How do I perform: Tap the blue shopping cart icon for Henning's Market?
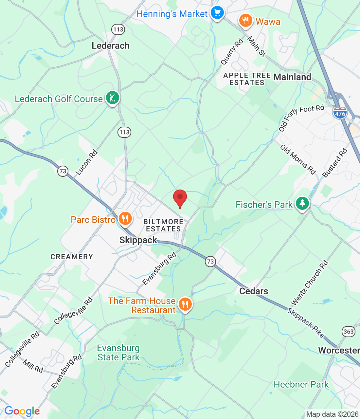point(217,13)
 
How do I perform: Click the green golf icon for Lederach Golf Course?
point(113,98)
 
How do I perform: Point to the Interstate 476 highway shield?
point(340,113)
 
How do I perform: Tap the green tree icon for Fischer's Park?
point(302,204)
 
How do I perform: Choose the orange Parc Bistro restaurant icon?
point(125,218)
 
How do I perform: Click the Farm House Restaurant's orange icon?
point(185,304)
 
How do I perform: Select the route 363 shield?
point(348,332)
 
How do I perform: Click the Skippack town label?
point(138,240)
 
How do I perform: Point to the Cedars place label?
point(254,291)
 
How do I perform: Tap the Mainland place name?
point(292,77)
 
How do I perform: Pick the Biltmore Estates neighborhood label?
point(163,225)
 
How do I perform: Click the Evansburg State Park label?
point(118,353)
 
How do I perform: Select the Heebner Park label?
point(301,384)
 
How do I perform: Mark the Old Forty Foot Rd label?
point(301,118)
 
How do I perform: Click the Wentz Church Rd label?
point(310,282)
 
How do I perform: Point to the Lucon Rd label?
point(87,162)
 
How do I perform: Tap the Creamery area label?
point(72,257)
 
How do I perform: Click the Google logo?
point(22,411)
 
